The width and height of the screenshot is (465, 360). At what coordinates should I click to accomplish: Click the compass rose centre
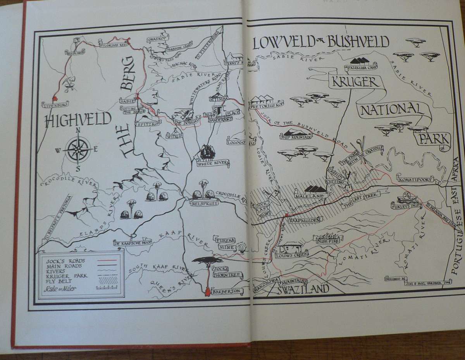coord(78,149)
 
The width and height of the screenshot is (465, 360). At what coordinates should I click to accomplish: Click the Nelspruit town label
coord(204,202)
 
